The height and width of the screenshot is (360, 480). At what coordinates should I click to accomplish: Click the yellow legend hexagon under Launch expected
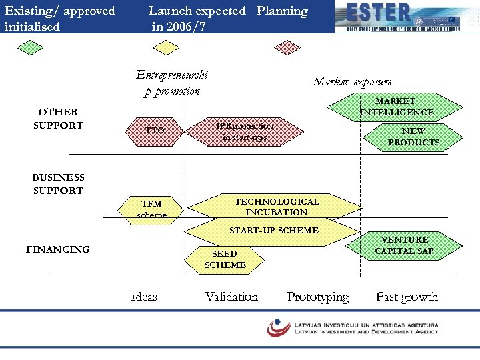click(166, 47)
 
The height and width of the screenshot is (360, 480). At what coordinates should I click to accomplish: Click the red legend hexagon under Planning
click(289, 47)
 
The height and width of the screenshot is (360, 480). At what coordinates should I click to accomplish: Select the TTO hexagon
click(155, 131)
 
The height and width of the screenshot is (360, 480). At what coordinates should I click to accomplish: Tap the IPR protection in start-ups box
click(244, 131)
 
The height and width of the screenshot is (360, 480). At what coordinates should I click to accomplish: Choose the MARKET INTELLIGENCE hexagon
click(396, 107)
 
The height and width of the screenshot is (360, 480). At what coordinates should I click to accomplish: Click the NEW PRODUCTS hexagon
click(413, 137)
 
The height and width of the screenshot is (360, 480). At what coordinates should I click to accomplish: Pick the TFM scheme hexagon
click(151, 209)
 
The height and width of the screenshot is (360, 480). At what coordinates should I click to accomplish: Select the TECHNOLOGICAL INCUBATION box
click(277, 207)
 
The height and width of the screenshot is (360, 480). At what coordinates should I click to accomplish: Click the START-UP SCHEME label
click(273, 231)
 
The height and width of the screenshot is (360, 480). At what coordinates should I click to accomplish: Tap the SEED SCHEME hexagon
click(225, 259)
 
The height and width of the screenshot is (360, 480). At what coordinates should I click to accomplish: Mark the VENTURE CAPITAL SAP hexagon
click(404, 245)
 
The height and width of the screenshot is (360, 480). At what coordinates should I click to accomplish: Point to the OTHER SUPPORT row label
click(58, 119)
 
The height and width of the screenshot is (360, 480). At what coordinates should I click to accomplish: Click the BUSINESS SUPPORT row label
click(58, 184)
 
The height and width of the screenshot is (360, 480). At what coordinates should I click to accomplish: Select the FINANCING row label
click(57, 249)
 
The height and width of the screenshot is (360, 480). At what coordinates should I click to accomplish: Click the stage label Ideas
click(144, 297)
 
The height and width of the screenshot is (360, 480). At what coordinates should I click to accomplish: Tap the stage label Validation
click(231, 297)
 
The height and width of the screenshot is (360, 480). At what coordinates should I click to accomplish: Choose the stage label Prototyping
click(317, 297)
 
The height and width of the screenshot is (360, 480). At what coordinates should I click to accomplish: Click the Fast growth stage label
click(407, 297)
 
